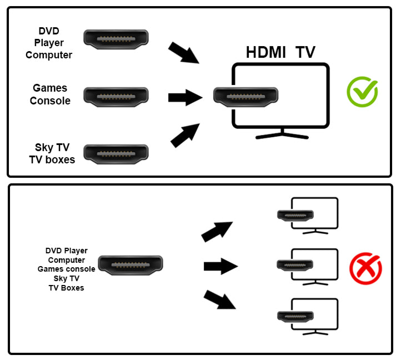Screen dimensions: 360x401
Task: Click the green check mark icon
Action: [362, 92]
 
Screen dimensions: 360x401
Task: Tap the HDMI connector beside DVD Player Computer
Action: [116, 38]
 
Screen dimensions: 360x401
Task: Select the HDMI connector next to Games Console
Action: [116, 96]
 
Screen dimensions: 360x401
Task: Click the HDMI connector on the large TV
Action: [245, 97]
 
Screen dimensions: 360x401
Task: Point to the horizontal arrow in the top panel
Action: [185, 98]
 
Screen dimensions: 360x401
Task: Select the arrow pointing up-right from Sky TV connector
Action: [185, 137]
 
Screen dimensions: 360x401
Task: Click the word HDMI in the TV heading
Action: [266, 53]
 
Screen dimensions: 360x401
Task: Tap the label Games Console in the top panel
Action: [50, 94]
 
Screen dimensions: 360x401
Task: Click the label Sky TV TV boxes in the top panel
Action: [52, 153]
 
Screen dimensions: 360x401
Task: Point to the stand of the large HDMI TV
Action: [282, 134]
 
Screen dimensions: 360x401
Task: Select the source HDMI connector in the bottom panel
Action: [131, 266]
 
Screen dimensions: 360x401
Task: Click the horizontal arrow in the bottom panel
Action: [220, 267]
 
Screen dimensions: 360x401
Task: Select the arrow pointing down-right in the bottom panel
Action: [220, 300]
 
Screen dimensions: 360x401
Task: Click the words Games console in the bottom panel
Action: [66, 269]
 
